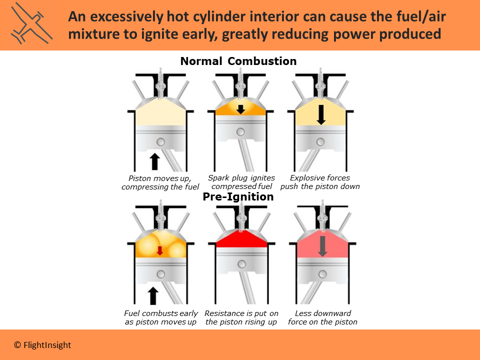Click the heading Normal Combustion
tap(238, 61)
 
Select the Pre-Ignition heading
tap(238, 197)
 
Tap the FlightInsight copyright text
tap(42, 345)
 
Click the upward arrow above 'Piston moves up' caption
tap(155, 161)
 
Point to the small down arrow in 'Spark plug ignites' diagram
tap(240, 109)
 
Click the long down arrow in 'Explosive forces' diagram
tap(321, 114)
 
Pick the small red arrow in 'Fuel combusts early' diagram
tap(159, 250)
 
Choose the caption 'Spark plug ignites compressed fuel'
tap(241, 182)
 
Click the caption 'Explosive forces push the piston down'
tap(320, 182)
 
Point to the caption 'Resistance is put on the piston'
tap(241, 317)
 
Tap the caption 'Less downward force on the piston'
tap(322, 317)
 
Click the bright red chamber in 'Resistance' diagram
tap(241, 241)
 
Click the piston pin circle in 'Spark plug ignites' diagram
tap(241, 131)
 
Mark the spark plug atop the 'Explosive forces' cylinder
tap(321, 85)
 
